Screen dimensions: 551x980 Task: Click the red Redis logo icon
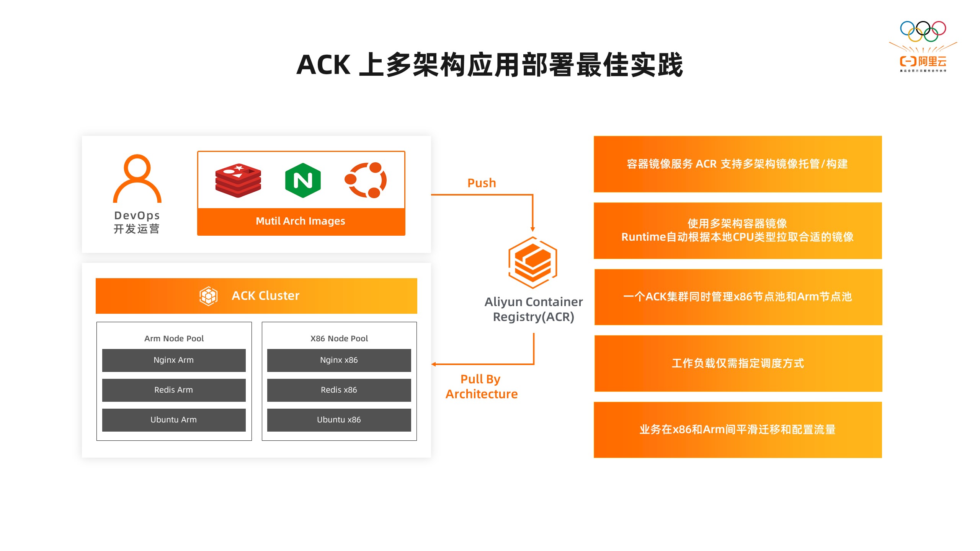click(x=238, y=180)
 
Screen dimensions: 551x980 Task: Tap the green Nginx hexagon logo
click(x=303, y=180)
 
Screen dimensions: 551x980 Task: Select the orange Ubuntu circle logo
click(x=366, y=180)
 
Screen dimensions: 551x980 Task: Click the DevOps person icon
click(x=137, y=178)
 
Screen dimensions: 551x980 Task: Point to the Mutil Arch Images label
click(x=301, y=221)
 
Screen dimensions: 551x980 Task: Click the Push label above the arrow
click(x=482, y=183)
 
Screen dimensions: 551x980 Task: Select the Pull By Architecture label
click(x=481, y=386)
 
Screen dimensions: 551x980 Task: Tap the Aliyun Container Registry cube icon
click(x=532, y=262)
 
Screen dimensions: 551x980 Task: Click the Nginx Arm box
click(x=174, y=360)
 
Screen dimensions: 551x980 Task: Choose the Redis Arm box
click(x=174, y=390)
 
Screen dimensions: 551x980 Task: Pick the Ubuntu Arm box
click(x=174, y=420)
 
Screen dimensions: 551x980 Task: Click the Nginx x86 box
click(x=339, y=360)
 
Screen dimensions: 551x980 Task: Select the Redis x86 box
click(x=339, y=390)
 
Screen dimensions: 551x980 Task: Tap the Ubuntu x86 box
click(x=339, y=420)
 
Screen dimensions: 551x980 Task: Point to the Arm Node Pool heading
click(x=174, y=339)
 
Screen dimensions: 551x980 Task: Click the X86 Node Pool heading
click(x=339, y=339)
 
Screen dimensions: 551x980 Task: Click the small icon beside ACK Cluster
click(x=208, y=296)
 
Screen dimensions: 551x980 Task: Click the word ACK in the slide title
click(x=323, y=65)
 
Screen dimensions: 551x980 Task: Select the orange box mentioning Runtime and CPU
click(x=738, y=230)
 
